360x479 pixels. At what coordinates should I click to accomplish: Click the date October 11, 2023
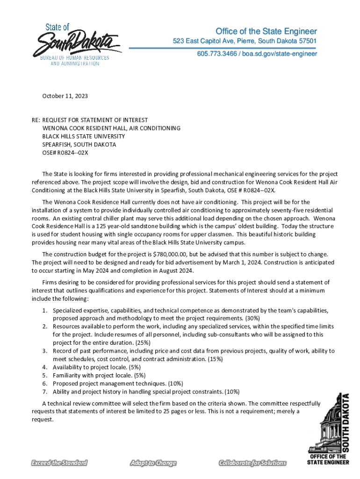pos(65,96)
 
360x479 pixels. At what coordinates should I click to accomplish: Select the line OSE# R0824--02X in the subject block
pos(65,152)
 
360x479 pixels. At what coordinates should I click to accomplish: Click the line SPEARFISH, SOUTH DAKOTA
pos(79,145)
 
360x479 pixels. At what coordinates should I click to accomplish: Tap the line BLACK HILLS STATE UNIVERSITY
pos(84,136)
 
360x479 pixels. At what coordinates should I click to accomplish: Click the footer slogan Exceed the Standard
pos(59,463)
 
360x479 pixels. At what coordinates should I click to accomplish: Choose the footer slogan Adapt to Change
pos(153,463)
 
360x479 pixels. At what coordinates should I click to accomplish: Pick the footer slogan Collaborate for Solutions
pos(252,463)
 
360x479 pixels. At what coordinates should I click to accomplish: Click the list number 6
pos(44,383)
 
